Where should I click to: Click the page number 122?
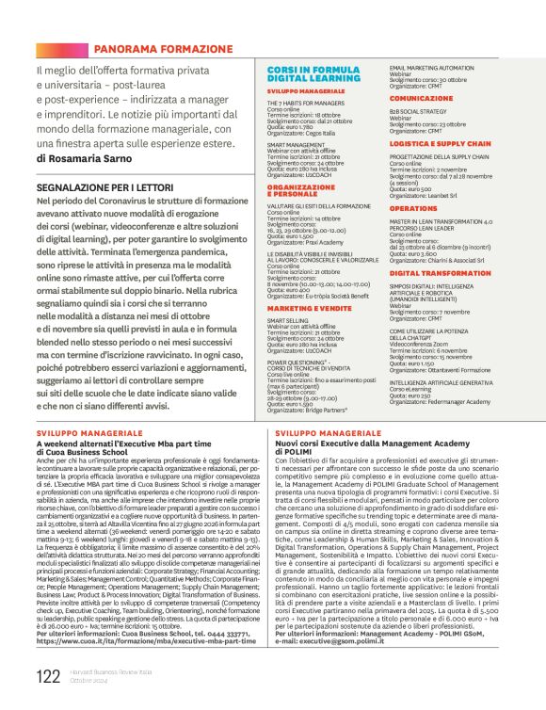point(48,675)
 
